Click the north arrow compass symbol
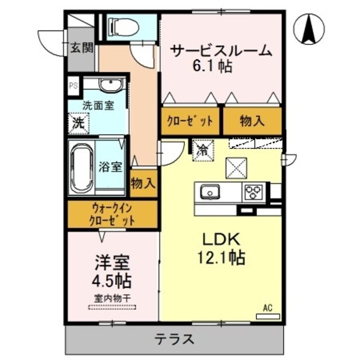(x=309, y=29)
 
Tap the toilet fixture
(x=124, y=27)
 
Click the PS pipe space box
(x=73, y=86)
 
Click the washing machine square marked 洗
(x=79, y=124)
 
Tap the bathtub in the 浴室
(x=82, y=168)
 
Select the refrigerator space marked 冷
(x=203, y=151)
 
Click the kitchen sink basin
(x=210, y=191)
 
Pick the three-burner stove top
(x=254, y=191)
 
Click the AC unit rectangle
(x=268, y=316)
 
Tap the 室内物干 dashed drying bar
(x=112, y=307)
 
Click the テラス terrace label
(x=175, y=340)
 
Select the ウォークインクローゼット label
(x=112, y=215)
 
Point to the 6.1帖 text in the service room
(x=212, y=66)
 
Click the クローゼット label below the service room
(x=190, y=121)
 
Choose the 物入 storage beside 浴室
(x=143, y=183)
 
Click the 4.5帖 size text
(x=112, y=281)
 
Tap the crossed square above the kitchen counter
(x=236, y=168)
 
